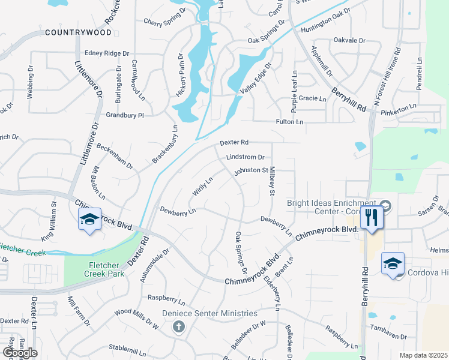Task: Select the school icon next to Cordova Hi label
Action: point(393,264)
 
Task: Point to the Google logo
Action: point(19,353)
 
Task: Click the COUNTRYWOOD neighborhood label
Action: point(78,32)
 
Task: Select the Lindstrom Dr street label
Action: point(245,157)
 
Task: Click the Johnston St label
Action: point(251,170)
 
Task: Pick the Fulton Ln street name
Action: point(289,122)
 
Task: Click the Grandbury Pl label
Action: point(125,115)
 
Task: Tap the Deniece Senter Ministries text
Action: point(209,314)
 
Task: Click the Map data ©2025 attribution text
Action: point(423,355)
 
